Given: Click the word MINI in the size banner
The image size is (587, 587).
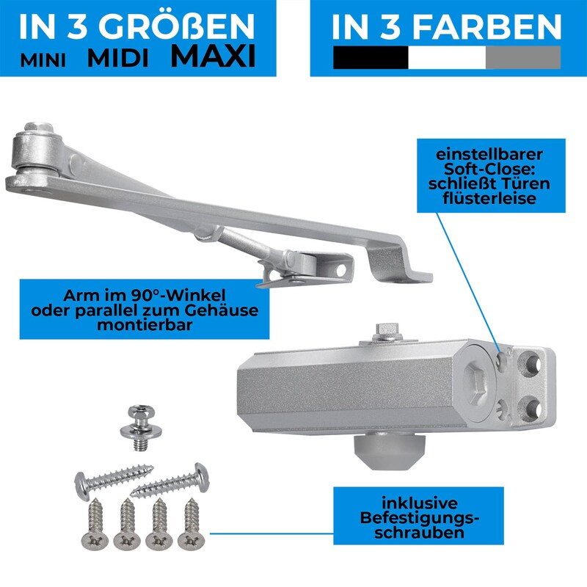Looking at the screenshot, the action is [x=43, y=60].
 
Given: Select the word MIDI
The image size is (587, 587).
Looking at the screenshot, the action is [x=118, y=59].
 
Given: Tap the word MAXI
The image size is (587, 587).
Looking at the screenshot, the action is [x=213, y=56].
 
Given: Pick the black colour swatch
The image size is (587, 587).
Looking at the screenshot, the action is [x=371, y=57].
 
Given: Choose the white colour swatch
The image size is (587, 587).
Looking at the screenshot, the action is [x=447, y=57].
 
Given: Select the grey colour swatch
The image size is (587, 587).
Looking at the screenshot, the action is [x=523, y=57].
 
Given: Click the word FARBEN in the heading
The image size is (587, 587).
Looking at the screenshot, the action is [x=487, y=26].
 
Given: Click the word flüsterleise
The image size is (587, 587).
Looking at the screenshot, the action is [x=489, y=198].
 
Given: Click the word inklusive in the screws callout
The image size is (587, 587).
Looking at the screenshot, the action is [x=419, y=503].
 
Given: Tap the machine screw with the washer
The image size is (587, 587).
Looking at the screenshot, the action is [x=141, y=427].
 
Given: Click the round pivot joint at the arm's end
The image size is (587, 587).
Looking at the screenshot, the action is [x=36, y=152].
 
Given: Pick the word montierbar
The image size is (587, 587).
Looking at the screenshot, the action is [x=145, y=324].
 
